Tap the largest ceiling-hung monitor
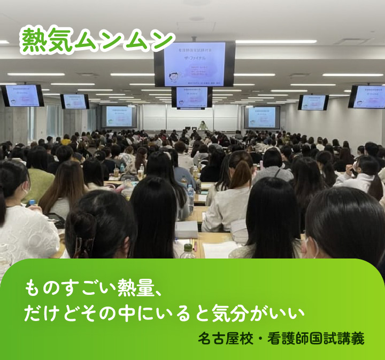click(194, 64)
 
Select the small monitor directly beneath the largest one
click(192, 98)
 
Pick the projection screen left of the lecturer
click(119, 116)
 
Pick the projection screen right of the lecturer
click(261, 117)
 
